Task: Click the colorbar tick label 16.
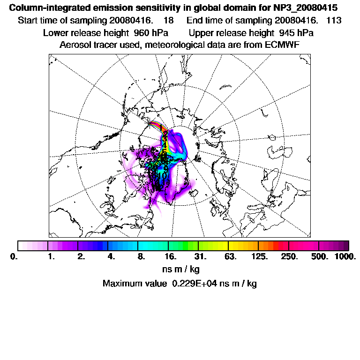coord(171,257)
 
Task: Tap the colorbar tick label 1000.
coord(345,257)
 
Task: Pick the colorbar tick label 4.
coord(111,257)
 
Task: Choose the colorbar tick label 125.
coord(260,257)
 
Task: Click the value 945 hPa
coord(296,33)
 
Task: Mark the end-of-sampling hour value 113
coord(334,21)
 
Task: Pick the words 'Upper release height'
coord(231,33)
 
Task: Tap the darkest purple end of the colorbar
coord(346,246)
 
